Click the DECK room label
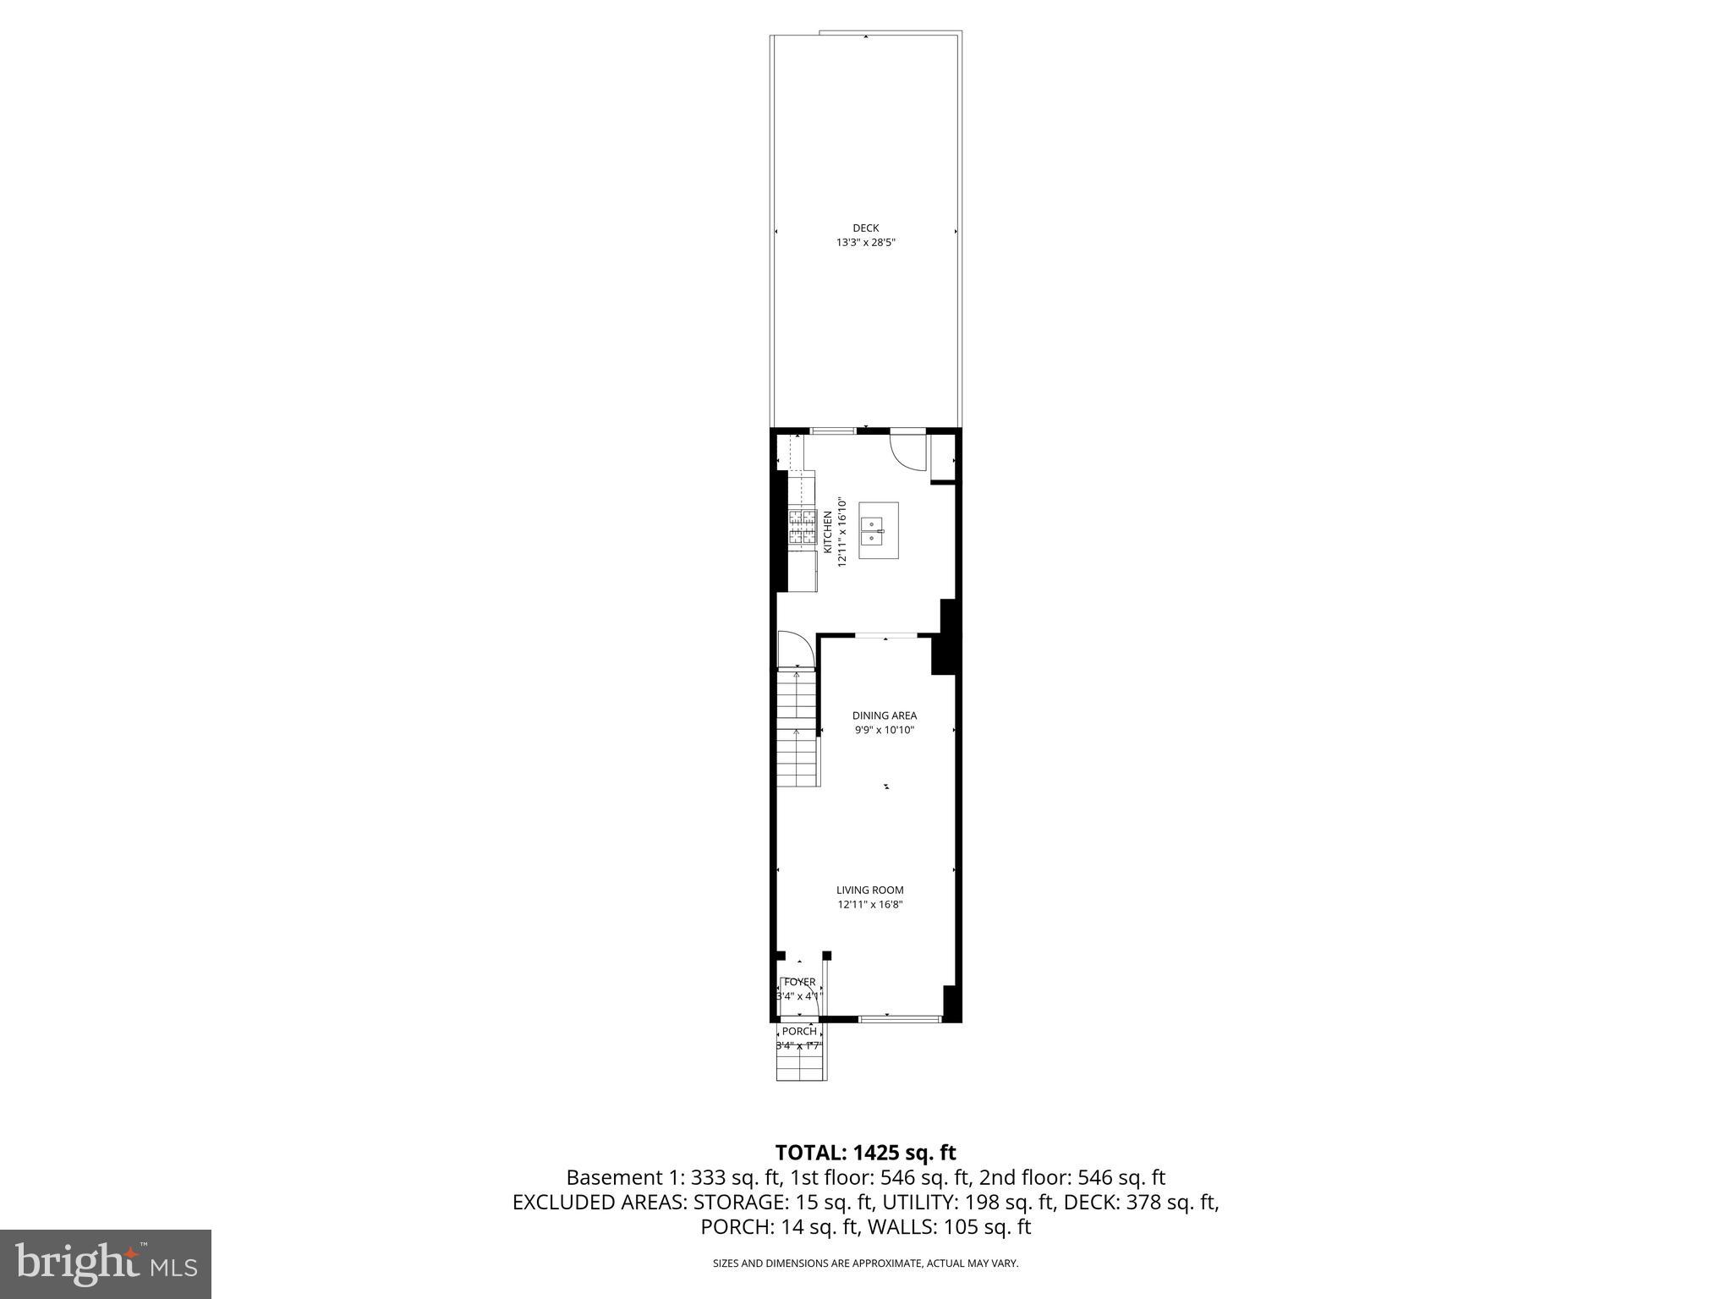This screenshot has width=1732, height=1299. pyautogui.click(x=865, y=227)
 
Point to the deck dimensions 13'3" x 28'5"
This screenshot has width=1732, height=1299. pyautogui.click(x=865, y=243)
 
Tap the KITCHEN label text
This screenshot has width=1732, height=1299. pyautogui.click(x=827, y=533)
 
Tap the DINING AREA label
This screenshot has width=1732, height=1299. pyautogui.click(x=884, y=715)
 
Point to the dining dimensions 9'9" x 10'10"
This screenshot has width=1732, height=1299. pyautogui.click(x=884, y=730)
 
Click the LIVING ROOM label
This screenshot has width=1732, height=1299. pyautogui.click(x=869, y=890)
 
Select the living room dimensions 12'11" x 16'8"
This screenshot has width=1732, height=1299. pyautogui.click(x=869, y=905)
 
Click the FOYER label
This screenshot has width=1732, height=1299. pyautogui.click(x=799, y=982)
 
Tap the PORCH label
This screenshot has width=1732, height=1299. pyautogui.click(x=799, y=1031)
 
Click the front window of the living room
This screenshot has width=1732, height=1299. pyautogui.click(x=900, y=1019)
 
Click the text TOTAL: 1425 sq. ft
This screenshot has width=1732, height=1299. pyautogui.click(x=865, y=1153)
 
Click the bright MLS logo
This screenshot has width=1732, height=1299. pyautogui.click(x=106, y=1264)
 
